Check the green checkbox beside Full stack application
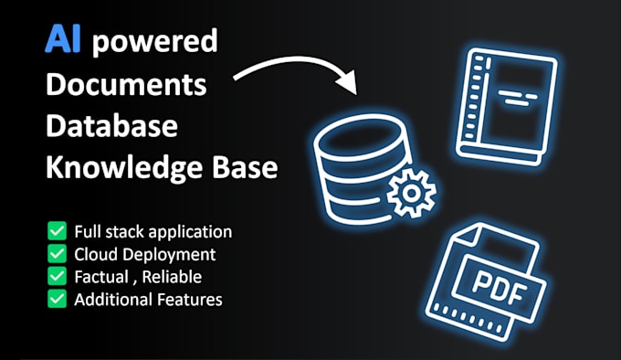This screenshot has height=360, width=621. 57,232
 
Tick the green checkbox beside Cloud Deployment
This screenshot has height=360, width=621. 57,254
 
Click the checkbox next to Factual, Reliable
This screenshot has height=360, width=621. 57,276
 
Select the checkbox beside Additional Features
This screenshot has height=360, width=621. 57,298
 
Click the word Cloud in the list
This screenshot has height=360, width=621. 95,254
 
